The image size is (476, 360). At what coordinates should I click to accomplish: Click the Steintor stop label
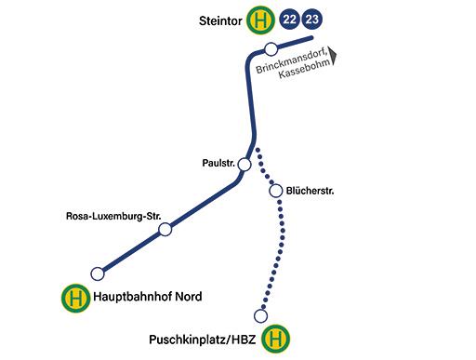point(220,21)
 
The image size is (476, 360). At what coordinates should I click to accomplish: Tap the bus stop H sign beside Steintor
point(260,20)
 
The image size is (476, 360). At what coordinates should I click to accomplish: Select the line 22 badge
point(289,20)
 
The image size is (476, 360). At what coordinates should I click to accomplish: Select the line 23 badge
point(312,20)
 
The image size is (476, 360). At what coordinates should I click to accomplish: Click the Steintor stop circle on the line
point(271,49)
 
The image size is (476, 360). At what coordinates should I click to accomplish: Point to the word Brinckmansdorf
point(292,60)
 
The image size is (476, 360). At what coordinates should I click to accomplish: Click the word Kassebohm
point(305,69)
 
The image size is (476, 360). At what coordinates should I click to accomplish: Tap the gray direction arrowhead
point(333,56)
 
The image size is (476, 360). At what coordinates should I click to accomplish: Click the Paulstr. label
point(218,163)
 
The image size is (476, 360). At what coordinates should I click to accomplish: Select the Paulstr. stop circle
point(245,165)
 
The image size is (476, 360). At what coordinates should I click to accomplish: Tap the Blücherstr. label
point(310,191)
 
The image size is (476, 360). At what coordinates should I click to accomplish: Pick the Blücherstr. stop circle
point(276,191)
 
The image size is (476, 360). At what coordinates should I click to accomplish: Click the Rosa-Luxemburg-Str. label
point(113,216)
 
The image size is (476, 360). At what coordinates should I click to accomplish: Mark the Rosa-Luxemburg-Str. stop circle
point(165,230)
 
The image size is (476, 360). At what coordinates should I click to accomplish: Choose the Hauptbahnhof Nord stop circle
point(98,273)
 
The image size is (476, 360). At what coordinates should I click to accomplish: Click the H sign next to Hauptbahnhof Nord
point(76,299)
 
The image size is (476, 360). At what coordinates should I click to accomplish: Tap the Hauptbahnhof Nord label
point(148,297)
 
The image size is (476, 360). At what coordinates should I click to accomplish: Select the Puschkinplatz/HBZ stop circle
point(260,316)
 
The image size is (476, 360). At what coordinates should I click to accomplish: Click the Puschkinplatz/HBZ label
point(203,340)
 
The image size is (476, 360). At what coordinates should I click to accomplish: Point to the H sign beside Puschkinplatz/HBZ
point(276,339)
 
